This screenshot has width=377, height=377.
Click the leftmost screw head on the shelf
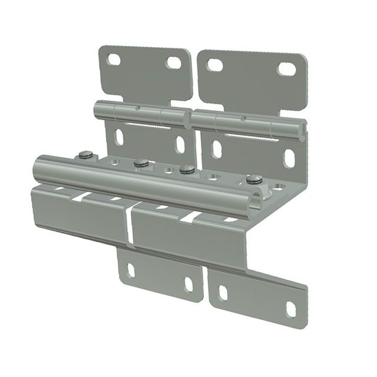[x=86, y=155]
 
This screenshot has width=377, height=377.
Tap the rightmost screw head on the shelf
[x=254, y=179]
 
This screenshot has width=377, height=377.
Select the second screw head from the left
[x=140, y=163]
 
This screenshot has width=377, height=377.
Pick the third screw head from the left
[x=187, y=170]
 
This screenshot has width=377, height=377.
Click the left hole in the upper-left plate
[x=114, y=59]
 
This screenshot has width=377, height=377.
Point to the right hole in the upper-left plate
[x=174, y=62]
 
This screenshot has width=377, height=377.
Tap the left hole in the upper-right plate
[x=215, y=65]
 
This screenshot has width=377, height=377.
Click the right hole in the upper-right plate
[x=287, y=69]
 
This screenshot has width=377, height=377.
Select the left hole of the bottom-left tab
[x=131, y=270]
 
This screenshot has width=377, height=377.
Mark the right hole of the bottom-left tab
[x=188, y=285]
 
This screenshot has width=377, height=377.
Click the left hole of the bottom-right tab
[x=223, y=293]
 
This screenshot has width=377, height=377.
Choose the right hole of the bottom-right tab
[x=291, y=309]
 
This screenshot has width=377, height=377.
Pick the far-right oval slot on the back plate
[x=289, y=158]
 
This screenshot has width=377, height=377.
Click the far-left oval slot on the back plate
[x=119, y=137]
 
